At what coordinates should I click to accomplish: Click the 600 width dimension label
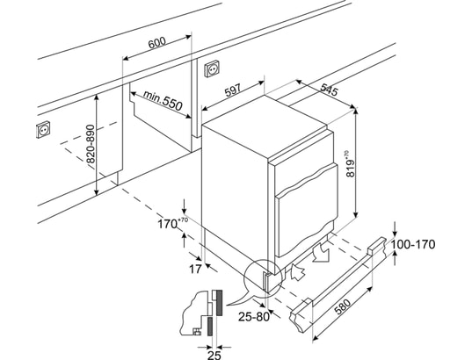pyautogui.click(x=157, y=43)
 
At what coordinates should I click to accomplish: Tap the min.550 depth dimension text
pyautogui.click(x=163, y=100)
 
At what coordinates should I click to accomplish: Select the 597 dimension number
pyautogui.click(x=233, y=90)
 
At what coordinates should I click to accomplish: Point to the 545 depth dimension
pyautogui.click(x=329, y=90)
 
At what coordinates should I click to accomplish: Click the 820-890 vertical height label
pyautogui.click(x=91, y=144)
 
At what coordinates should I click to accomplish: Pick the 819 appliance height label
pyautogui.click(x=351, y=163)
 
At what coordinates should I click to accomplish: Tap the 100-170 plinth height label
pyautogui.click(x=413, y=244)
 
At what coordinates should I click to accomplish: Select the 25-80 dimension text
pyautogui.click(x=254, y=316)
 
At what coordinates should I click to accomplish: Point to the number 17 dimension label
pyautogui.click(x=195, y=269)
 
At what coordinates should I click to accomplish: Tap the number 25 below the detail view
pyautogui.click(x=214, y=355)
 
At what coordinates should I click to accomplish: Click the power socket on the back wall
pyautogui.click(x=212, y=68)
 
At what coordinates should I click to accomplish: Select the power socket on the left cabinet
pyautogui.click(x=43, y=129)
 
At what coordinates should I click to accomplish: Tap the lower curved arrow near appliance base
pyautogui.click(x=298, y=271)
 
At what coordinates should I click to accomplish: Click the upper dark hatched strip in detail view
pyautogui.click(x=219, y=303)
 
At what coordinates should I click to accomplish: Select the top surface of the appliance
pyautogui.click(x=265, y=126)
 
